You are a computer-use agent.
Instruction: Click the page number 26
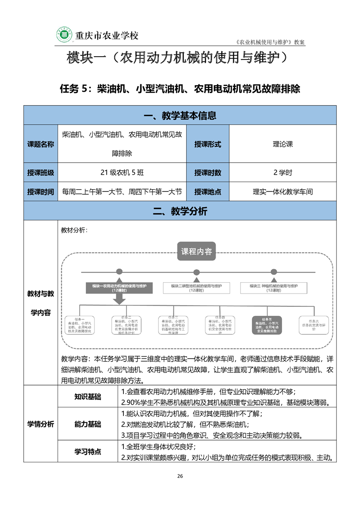pos(180,476)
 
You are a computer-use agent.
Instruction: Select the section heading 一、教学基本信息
pos(180,115)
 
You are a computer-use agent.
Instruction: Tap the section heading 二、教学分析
pos(180,211)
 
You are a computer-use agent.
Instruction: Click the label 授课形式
pos(207,144)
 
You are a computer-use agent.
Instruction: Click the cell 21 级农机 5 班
pos(122,172)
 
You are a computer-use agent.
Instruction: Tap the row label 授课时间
pos(40,191)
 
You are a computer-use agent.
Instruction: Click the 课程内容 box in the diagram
pos(197,252)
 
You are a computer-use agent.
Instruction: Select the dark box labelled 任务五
pos(267,326)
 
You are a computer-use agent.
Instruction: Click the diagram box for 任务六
pos(313,325)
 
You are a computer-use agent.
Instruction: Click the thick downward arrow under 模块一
pos(119,299)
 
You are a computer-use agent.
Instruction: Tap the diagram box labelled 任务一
pos(79,325)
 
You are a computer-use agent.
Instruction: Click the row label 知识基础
pos(88,396)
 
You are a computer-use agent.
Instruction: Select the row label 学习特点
pos(88,452)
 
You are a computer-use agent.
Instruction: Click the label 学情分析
pos(40,424)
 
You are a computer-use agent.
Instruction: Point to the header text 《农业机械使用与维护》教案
pos(271,42)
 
